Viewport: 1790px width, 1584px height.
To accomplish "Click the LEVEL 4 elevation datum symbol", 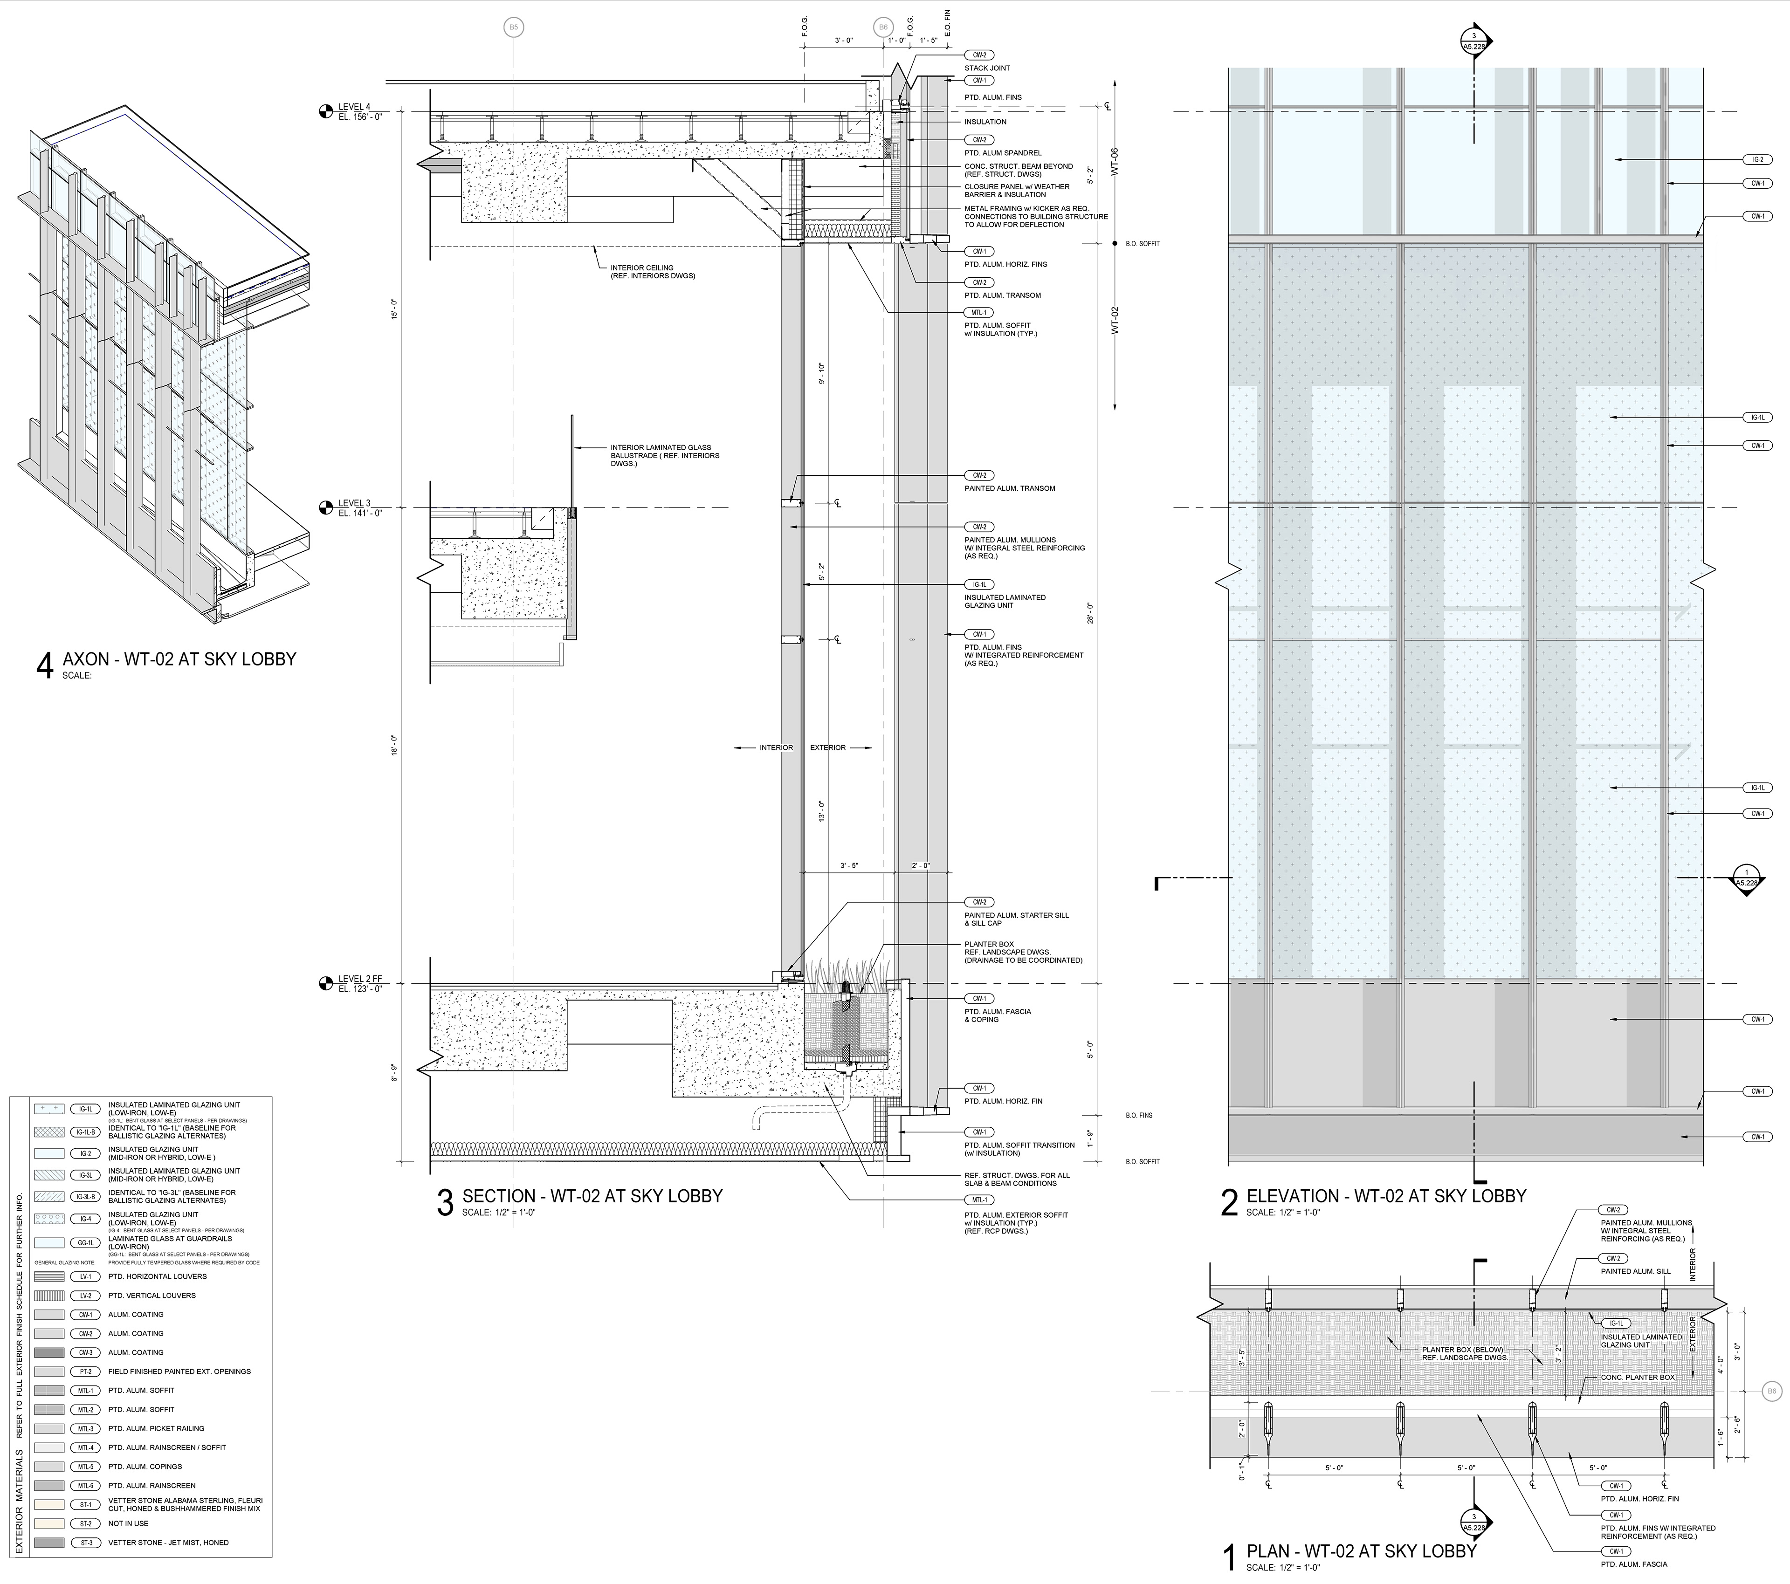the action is point(326,111).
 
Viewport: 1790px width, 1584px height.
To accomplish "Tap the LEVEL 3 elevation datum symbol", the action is point(326,507).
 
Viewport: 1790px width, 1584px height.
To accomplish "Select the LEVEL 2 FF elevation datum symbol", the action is point(326,983).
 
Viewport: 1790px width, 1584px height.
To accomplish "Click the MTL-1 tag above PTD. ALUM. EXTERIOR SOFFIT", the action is point(978,1200).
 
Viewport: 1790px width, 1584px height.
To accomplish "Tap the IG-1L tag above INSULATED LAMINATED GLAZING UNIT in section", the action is point(978,584).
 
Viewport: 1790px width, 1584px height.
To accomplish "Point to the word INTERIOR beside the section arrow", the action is point(776,748).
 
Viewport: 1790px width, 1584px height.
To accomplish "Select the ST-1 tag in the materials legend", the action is point(86,1504).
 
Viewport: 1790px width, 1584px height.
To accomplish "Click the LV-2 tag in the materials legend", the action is point(86,1295).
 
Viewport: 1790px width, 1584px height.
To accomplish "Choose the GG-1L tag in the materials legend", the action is point(86,1241).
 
